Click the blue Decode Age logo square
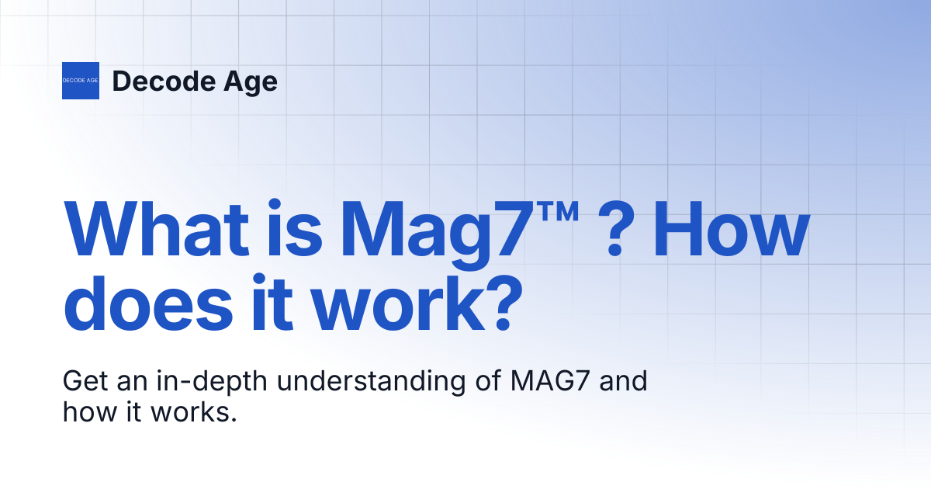[x=81, y=81]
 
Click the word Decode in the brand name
[x=164, y=81]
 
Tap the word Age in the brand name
[x=251, y=82]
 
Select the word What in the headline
[x=157, y=228]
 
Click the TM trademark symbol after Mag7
[x=557, y=211]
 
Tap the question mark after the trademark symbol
[x=615, y=229]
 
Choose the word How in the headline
[x=732, y=228]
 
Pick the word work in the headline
[x=398, y=302]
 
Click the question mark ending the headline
[x=504, y=302]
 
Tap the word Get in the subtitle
[x=85, y=381]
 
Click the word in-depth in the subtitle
[x=212, y=382]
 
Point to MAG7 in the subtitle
[x=549, y=381]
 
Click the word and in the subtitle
[x=624, y=380]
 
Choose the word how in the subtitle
[x=90, y=411]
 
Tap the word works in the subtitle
[x=193, y=411]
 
